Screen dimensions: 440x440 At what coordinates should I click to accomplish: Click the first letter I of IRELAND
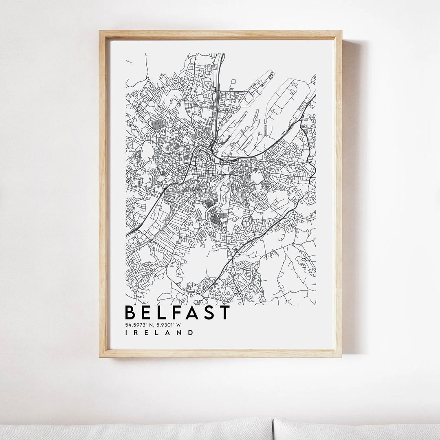click(126, 332)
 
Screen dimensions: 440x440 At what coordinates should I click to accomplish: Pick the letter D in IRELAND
click(190, 332)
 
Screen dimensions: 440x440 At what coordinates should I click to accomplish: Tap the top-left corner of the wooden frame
click(100, 31)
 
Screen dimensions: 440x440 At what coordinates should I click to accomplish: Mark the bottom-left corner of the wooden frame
click(100, 357)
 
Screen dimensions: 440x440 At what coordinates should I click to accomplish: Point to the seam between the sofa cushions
click(273, 430)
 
